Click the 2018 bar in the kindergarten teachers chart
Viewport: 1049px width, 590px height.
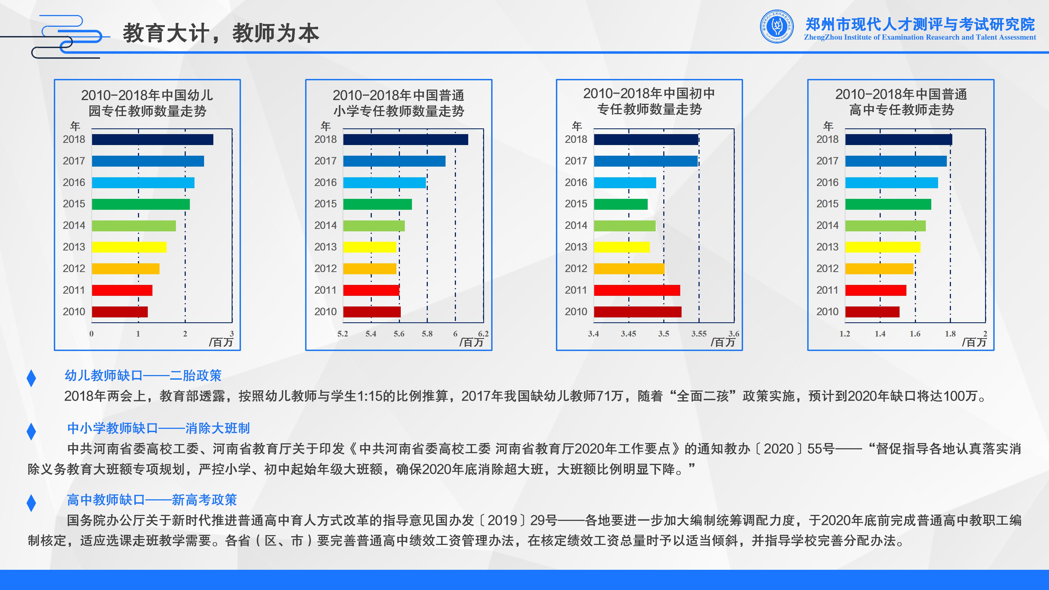pos(152,140)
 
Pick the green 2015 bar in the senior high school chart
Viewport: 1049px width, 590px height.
pos(888,204)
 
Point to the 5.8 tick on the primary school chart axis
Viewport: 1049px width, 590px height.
pos(427,334)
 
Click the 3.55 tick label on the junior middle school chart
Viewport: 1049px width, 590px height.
pos(699,334)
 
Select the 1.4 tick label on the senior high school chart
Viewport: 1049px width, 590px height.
pos(880,334)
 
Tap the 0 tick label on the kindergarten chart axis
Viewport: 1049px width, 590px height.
pos(92,334)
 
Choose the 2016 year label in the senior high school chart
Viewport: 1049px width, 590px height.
pos(827,182)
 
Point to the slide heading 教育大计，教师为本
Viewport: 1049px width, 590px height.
pos(221,33)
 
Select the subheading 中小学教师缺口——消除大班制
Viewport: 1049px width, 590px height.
pos(158,428)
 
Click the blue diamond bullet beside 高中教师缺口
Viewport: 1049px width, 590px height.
pos(31,503)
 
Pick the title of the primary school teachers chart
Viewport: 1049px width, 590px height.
pos(399,103)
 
